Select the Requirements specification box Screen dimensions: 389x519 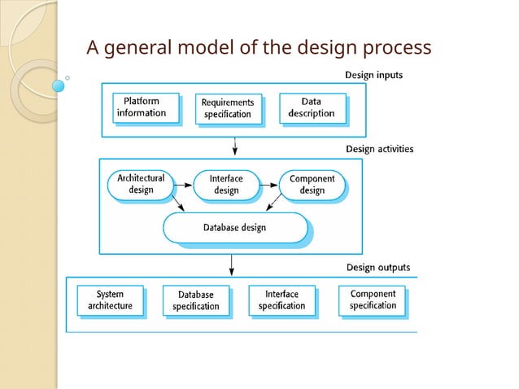(x=228, y=108)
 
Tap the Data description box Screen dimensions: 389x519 (x=311, y=107)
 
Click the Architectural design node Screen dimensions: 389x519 (x=141, y=184)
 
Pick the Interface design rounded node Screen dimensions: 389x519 (x=226, y=184)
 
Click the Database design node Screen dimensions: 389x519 (x=234, y=228)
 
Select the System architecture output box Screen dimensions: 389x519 (x=110, y=299)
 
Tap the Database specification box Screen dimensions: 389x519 (x=195, y=300)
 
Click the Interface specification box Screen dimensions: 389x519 (x=281, y=299)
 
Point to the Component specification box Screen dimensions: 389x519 (x=373, y=299)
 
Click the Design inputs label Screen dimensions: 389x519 (x=373, y=75)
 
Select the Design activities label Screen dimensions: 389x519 (x=379, y=149)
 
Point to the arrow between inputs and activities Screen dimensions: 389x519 (x=234, y=146)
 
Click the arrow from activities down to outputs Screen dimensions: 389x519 (x=233, y=264)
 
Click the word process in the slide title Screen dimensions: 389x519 (x=398, y=47)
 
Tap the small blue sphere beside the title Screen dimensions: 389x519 (x=59, y=85)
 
